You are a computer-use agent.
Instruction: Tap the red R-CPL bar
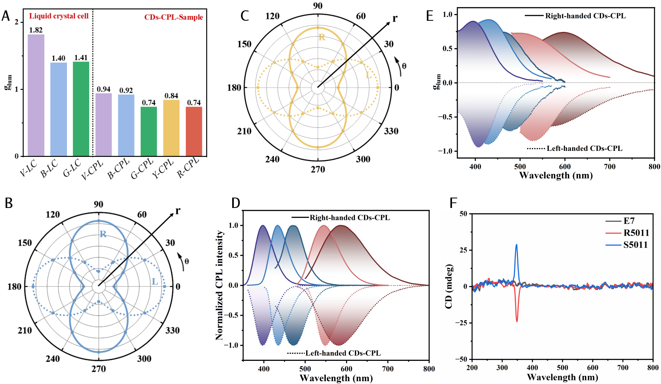pyautogui.click(x=194, y=131)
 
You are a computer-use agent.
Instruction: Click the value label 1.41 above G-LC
pyautogui.click(x=81, y=58)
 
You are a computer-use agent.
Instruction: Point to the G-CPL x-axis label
pyautogui.click(x=143, y=168)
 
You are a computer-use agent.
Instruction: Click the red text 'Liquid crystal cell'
pyautogui.click(x=59, y=16)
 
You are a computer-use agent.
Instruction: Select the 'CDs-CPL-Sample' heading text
pyautogui.click(x=173, y=17)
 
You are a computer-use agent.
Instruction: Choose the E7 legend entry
pyautogui.click(x=629, y=221)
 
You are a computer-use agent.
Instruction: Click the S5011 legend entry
pyautogui.click(x=635, y=245)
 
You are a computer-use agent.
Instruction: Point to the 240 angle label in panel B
pyautogui.click(x=53, y=358)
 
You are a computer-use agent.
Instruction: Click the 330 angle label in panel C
pyautogui.click(x=391, y=131)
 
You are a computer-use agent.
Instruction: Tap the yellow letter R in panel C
pyautogui.click(x=322, y=38)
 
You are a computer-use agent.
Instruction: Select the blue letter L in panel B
pyautogui.click(x=155, y=282)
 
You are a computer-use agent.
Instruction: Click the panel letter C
pyautogui.click(x=245, y=16)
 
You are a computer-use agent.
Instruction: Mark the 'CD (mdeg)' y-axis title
pyautogui.click(x=448, y=286)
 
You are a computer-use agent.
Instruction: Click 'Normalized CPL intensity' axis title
pyautogui.click(x=219, y=285)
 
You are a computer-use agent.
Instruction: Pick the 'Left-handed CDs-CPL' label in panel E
pyautogui.click(x=584, y=148)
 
